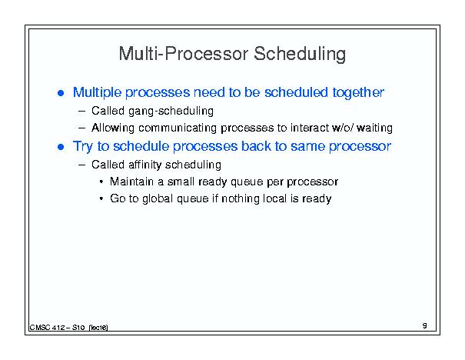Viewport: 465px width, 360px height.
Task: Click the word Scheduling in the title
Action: [300, 55]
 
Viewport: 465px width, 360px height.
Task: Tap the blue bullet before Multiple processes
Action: [61, 94]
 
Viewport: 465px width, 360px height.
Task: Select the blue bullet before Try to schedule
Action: [61, 147]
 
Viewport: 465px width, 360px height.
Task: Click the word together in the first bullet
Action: [358, 92]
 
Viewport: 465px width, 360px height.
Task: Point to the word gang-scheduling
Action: [171, 112]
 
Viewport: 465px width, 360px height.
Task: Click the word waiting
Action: [374, 128]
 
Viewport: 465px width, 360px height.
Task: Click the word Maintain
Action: [131, 182]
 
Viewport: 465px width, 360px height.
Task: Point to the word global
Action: [158, 198]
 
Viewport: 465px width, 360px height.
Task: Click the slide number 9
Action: [425, 325]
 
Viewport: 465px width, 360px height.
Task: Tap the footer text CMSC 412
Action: [47, 328]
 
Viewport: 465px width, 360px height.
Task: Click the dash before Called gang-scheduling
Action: [81, 112]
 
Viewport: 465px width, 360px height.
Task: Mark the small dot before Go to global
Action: [101, 198]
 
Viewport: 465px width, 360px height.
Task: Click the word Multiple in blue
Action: [98, 92]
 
